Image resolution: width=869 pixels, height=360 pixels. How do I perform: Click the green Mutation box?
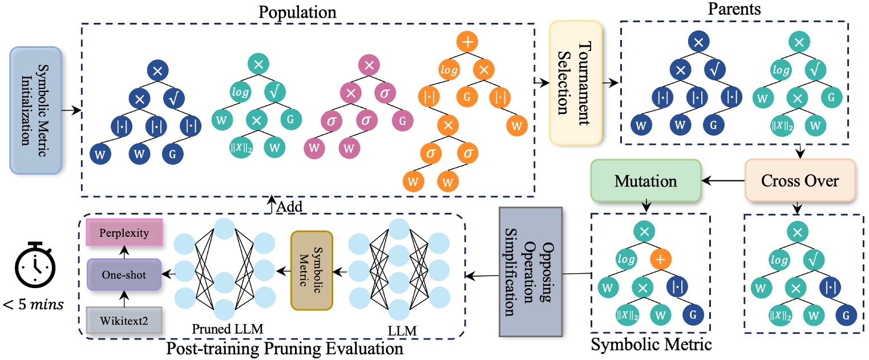coord(645,181)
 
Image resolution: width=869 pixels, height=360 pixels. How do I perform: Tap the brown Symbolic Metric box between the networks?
coord(311,270)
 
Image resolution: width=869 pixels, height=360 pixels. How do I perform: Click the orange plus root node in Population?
coord(466,42)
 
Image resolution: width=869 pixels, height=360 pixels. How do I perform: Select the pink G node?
coord(403,122)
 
